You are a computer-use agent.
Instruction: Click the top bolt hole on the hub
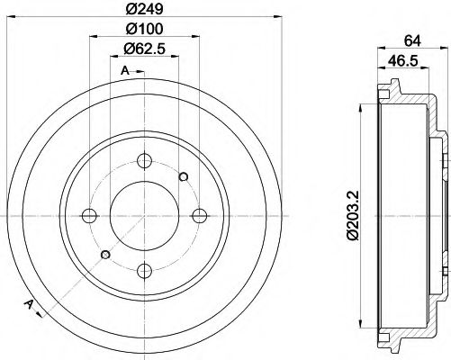(x=145, y=162)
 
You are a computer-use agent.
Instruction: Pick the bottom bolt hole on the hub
(x=145, y=267)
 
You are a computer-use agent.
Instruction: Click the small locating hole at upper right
(x=184, y=175)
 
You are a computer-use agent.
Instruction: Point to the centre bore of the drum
(x=145, y=215)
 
